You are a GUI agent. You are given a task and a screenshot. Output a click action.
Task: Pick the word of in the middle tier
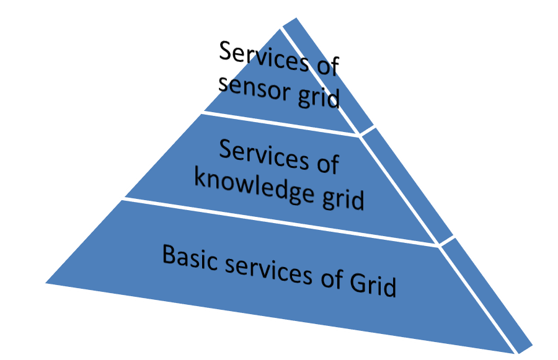point(324,164)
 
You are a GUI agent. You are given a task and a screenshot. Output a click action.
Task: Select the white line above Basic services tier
point(279,221)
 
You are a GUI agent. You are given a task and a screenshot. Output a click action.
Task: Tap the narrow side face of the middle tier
point(409,186)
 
